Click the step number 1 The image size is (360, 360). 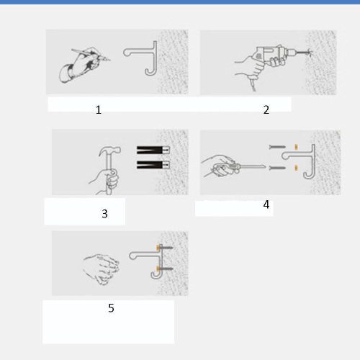[99, 110]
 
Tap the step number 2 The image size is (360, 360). [266, 109]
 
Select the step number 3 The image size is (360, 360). [104, 214]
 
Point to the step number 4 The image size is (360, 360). [266, 204]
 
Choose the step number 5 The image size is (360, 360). [111, 308]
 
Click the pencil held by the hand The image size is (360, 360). [91, 54]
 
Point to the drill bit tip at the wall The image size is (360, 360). [310, 52]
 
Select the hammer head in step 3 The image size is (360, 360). [109, 150]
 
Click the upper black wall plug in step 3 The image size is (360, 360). [153, 150]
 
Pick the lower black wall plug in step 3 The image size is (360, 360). [153, 165]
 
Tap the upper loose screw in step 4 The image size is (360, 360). [277, 147]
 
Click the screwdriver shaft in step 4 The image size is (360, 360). [252, 166]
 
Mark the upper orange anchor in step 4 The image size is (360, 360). [296, 147]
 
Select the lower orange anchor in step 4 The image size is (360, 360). [296, 168]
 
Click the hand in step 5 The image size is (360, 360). [101, 269]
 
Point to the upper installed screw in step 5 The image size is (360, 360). [165, 248]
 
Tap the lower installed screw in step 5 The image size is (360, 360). [165, 269]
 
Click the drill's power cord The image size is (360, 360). [253, 84]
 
